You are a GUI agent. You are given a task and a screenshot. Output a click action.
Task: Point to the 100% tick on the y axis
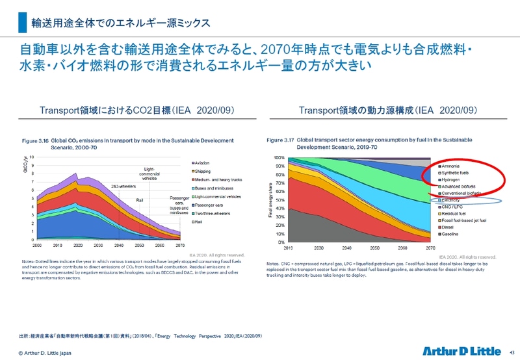pos(278,158)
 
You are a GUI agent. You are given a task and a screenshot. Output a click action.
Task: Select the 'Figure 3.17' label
pos(281,139)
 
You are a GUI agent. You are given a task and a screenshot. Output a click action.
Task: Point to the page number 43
pos(512,352)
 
